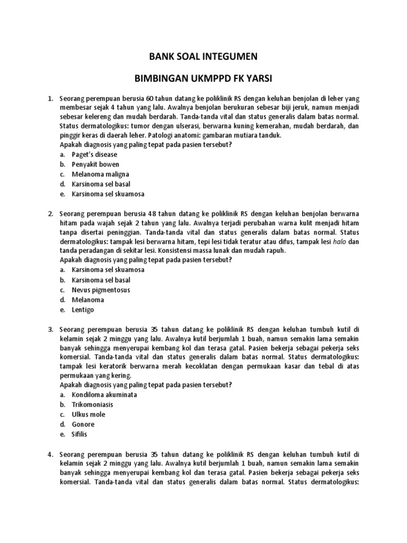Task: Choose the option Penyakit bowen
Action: [96, 164]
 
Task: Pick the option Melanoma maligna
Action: [100, 174]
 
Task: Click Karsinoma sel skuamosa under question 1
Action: [108, 194]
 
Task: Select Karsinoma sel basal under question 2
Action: [101, 280]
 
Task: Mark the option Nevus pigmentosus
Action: [101, 290]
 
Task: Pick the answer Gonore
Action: [83, 425]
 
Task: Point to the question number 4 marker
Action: [50, 454]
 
